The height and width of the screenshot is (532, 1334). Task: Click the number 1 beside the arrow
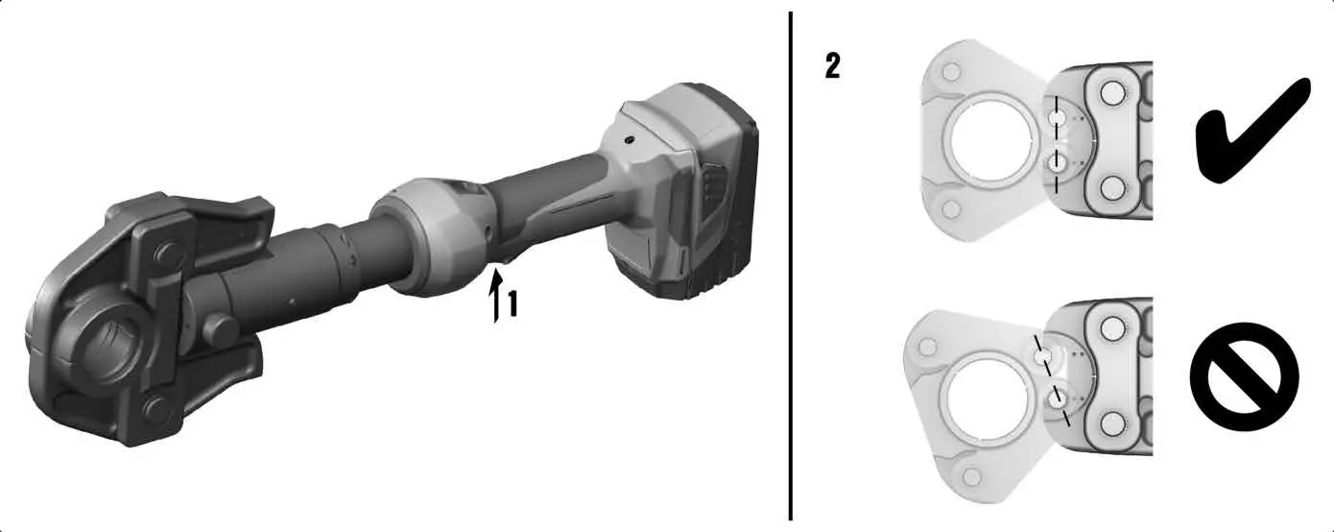(513, 305)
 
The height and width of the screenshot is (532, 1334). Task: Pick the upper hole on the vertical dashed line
(1058, 117)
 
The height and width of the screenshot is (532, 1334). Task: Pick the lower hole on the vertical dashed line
(1058, 164)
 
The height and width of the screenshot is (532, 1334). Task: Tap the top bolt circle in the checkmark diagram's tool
(1112, 93)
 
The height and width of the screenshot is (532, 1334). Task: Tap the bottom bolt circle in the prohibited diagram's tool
(1112, 423)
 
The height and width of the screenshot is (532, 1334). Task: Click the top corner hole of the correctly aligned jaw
(950, 72)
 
